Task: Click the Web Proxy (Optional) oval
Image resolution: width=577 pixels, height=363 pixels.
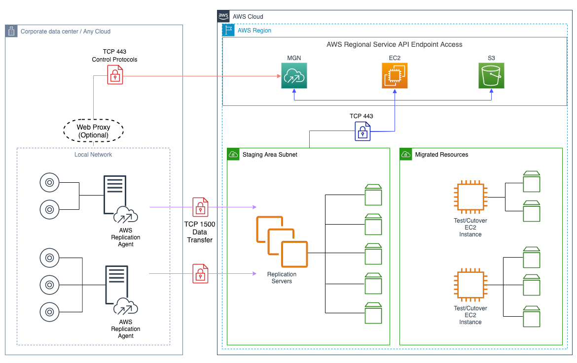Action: pyautogui.click(x=93, y=131)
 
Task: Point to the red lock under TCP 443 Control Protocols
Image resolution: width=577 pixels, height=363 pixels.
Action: pyautogui.click(x=115, y=75)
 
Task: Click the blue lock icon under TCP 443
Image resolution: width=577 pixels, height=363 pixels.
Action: pyautogui.click(x=362, y=132)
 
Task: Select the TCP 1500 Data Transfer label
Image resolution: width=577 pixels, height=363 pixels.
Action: pyautogui.click(x=200, y=232)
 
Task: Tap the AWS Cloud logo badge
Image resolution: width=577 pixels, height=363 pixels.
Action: pyautogui.click(x=223, y=16)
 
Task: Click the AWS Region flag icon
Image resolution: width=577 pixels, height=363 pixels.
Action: pyautogui.click(x=229, y=30)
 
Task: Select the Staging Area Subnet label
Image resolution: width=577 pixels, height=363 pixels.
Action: pyautogui.click(x=270, y=155)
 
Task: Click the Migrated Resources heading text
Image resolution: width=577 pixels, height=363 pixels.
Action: pyautogui.click(x=441, y=155)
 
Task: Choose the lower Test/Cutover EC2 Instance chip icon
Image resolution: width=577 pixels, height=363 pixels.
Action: pyautogui.click(x=470, y=285)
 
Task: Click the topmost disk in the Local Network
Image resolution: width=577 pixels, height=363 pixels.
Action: pyautogui.click(x=49, y=182)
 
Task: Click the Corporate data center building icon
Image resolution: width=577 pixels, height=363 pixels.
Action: pyautogui.click(x=11, y=32)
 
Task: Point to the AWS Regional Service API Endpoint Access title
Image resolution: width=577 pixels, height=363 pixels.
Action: pyautogui.click(x=394, y=44)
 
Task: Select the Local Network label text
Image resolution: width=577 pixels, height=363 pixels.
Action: pyautogui.click(x=93, y=155)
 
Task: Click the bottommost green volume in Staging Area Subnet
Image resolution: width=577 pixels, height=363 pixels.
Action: pyautogui.click(x=373, y=313)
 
